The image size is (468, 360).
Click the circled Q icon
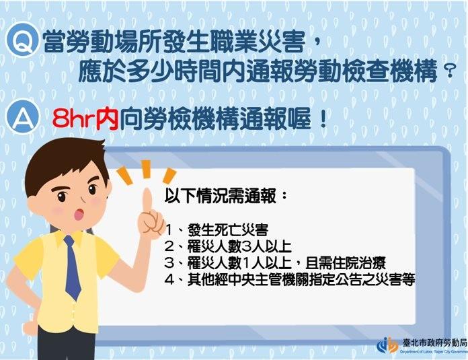pyautogui.click(x=23, y=40)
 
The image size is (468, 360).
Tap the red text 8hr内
pyautogui.click(x=85, y=119)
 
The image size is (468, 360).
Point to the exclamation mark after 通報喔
pyautogui.click(x=323, y=119)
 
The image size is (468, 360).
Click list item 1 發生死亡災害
pyautogui.click(x=217, y=229)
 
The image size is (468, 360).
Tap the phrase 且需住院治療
pyautogui.click(x=346, y=263)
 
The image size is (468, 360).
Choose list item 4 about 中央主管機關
pyautogui.click(x=290, y=280)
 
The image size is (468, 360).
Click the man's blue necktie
pyautogui.click(x=73, y=266)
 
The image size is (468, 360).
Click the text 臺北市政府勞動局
pyautogui.click(x=434, y=343)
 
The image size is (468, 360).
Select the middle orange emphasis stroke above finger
pyautogui.click(x=146, y=169)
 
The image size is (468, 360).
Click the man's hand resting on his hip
pyautogui.click(x=30, y=325)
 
